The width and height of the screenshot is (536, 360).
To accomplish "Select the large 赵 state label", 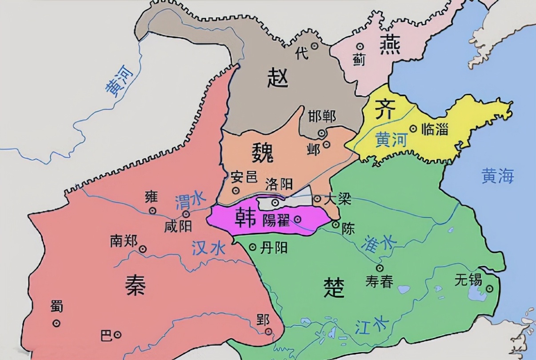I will pyautogui.click(x=278, y=79).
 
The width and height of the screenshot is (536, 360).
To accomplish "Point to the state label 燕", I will pyautogui.click(x=390, y=46).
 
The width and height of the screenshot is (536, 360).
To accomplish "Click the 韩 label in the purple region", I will pyautogui.click(x=244, y=217).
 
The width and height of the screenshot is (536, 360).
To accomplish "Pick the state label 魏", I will pyautogui.click(x=263, y=153).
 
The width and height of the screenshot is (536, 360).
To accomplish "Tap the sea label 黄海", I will pyautogui.click(x=498, y=176).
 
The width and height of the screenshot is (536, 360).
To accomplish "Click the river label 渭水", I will pyautogui.click(x=188, y=201).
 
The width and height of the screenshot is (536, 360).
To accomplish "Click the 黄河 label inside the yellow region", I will pyautogui.click(x=391, y=140).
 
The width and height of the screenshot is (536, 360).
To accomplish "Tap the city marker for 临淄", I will pyautogui.click(x=413, y=129).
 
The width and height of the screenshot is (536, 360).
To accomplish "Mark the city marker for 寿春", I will pyautogui.click(x=380, y=268).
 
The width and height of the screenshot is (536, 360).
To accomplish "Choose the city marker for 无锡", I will pyautogui.click(x=489, y=288).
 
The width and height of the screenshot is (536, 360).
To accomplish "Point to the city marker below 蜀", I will pyautogui.click(x=56, y=324).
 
